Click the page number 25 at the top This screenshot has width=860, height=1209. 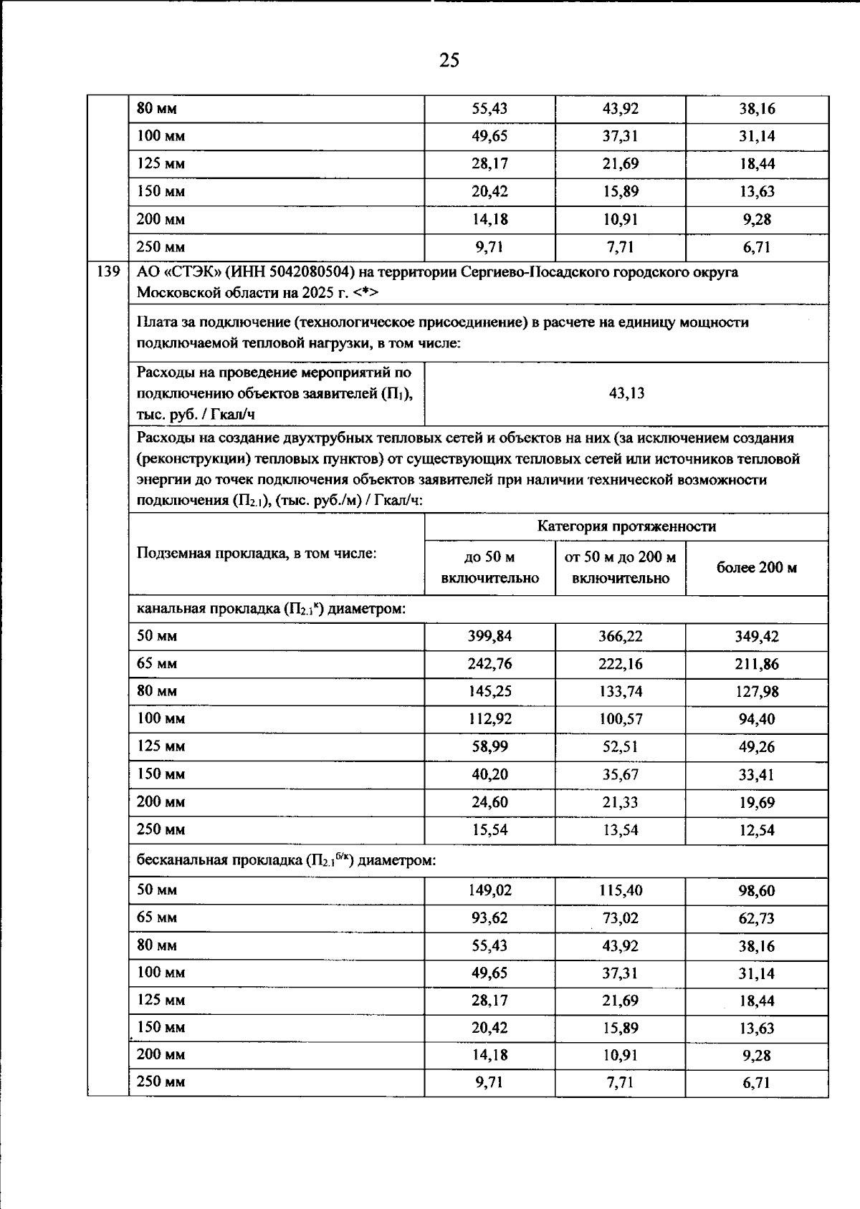pos(449,60)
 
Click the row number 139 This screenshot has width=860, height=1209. pos(107,272)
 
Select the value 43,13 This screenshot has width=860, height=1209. pos(626,393)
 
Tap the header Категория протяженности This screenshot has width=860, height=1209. pos(626,526)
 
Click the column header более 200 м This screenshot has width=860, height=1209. pos(757,568)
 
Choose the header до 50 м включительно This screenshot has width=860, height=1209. pos(489,568)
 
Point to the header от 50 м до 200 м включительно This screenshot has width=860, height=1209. pos(620,568)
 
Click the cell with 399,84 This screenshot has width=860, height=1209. pos(489,636)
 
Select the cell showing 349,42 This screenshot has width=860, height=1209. pos(758,636)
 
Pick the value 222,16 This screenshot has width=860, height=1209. pos(621,664)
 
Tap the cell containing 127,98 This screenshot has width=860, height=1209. pos(758,692)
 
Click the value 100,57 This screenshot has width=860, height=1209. pos(621,719)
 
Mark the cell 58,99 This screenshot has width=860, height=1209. pos(489,746)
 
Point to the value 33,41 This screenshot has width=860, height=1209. pos(758,774)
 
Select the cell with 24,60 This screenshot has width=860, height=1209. pos(489,802)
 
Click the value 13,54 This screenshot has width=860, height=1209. pos(621,830)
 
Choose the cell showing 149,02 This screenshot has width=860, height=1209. pos(489,890)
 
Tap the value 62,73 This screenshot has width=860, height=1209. pos(758,918)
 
